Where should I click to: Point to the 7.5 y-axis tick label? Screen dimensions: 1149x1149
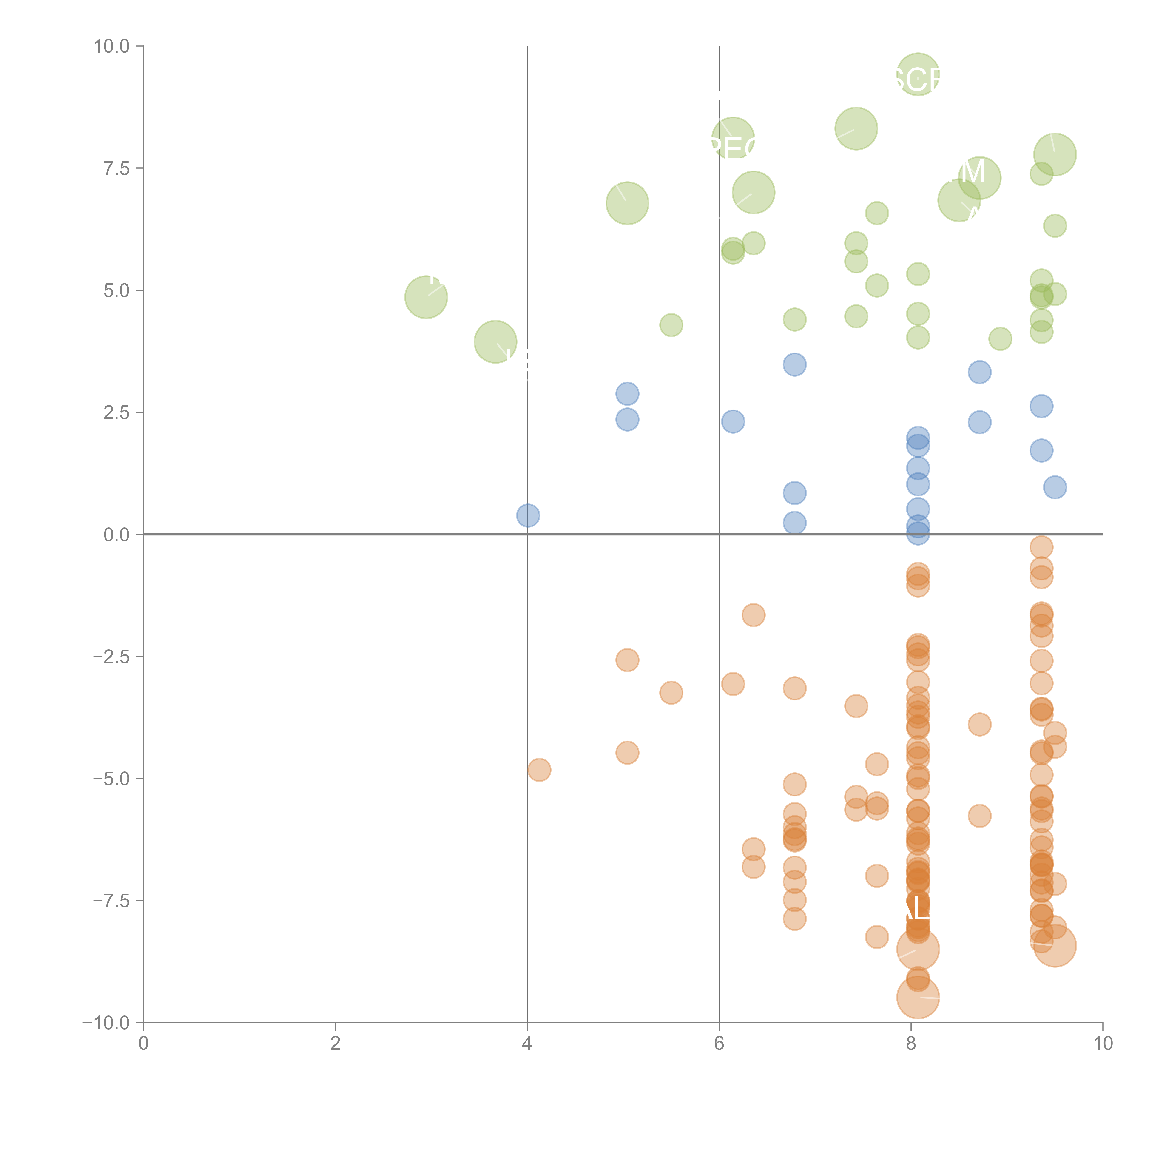(x=117, y=168)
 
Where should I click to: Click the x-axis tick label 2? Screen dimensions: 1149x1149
(x=336, y=1044)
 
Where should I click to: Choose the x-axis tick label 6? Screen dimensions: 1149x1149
(x=719, y=1044)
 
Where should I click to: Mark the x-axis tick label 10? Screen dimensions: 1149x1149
(x=1103, y=1044)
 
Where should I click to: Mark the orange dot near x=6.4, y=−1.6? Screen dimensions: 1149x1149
(x=754, y=615)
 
